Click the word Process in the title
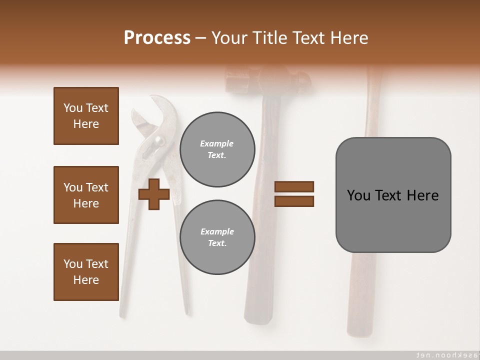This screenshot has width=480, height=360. (x=157, y=38)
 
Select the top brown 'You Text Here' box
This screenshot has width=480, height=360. (x=86, y=116)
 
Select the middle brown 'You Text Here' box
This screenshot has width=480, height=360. (x=86, y=195)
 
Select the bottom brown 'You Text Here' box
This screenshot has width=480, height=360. (x=86, y=272)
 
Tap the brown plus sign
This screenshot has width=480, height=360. (x=154, y=194)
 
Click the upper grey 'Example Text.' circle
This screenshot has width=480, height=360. (x=217, y=149)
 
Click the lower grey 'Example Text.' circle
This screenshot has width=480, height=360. (x=217, y=237)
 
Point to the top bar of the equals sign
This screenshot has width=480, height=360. (x=294, y=186)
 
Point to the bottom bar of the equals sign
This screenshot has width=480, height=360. (x=294, y=201)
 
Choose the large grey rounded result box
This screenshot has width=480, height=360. (x=393, y=195)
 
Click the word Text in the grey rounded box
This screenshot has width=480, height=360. (x=389, y=195)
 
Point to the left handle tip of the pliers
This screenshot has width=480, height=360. (x=122, y=314)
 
